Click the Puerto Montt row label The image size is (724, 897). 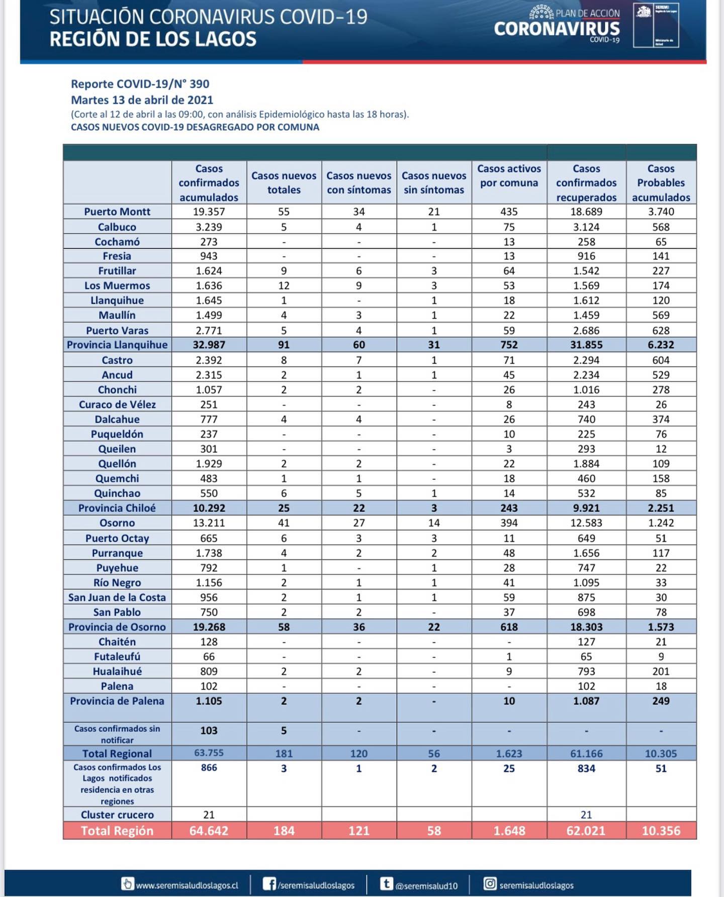117,212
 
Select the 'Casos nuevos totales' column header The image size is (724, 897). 284,182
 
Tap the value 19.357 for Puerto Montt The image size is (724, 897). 209,212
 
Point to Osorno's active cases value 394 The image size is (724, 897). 509,523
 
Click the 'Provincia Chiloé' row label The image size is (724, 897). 117,508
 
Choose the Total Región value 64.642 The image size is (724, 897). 209,831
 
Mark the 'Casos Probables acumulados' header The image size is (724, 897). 661,182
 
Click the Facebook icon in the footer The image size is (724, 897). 269,884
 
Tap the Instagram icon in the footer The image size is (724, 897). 490,884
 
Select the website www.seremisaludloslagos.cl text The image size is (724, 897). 187,885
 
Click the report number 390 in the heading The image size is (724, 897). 199,84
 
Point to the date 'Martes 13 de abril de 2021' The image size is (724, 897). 142,99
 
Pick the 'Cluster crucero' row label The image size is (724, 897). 117,815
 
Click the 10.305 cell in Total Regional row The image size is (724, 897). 661,753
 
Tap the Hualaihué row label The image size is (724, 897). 117,671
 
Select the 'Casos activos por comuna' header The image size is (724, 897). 509,176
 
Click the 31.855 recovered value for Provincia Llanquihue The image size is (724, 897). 586,345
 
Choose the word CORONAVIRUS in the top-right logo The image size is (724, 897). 557,29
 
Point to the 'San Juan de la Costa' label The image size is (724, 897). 117,597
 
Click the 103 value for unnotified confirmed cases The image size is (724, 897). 209,730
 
